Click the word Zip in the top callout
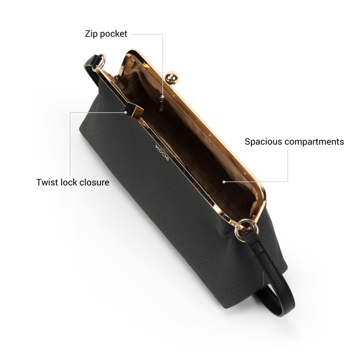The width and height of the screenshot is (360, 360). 92,34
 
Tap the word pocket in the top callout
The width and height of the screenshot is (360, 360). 113,34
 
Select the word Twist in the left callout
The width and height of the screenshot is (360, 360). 47,182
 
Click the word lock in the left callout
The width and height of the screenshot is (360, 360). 67,182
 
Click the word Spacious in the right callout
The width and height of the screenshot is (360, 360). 263,142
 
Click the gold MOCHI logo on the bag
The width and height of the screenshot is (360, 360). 163,153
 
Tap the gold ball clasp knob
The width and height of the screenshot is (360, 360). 171,78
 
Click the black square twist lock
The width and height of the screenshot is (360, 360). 134,110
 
